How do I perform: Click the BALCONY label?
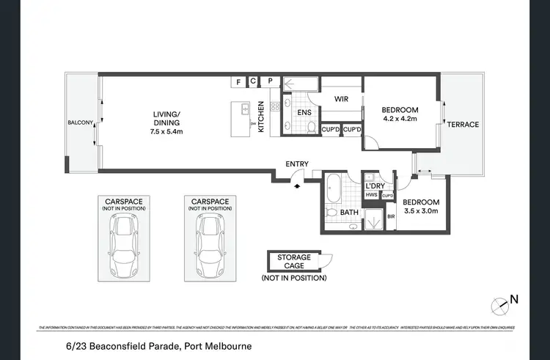point(79,122)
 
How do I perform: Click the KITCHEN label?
point(260,116)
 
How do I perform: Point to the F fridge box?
point(238,81)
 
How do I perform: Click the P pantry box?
point(270,81)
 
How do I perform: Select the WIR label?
point(341,98)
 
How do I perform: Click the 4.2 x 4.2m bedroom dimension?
point(400,117)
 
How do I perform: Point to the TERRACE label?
point(464,125)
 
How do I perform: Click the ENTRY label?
point(297,164)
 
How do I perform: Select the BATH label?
point(349,213)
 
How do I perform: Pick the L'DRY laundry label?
point(376,186)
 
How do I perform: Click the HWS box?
point(372,196)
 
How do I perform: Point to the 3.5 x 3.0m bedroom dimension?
point(421,211)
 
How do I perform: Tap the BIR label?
point(391,216)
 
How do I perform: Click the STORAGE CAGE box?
point(294,262)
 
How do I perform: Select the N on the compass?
point(514,298)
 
